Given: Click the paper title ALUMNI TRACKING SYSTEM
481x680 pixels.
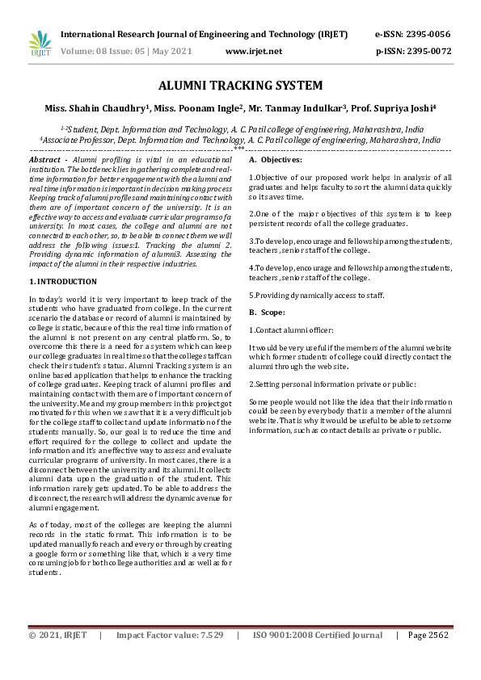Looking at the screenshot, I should [240, 86].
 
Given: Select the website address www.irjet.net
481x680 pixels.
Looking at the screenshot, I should [253, 52].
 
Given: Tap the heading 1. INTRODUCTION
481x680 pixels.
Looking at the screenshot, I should [63, 282].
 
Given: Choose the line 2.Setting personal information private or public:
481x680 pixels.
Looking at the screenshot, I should [332, 384].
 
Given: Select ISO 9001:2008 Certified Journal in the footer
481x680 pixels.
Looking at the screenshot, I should [318, 636].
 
